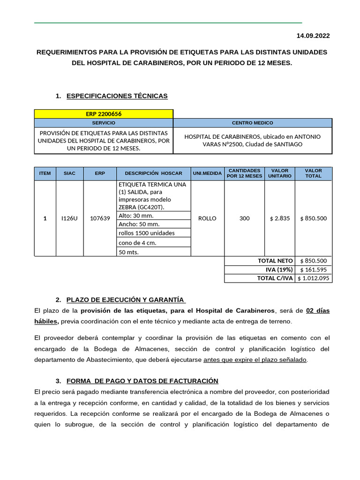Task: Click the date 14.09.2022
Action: coord(313,36)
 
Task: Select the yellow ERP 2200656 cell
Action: coord(104,114)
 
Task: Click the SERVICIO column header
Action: coord(104,122)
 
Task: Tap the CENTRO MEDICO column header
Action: coord(252,122)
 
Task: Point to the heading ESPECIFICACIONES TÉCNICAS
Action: coord(117,96)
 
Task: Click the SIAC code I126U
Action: coord(69,218)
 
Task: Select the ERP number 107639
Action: coord(100,218)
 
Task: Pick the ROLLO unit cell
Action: coord(207,218)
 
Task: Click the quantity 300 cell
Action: coord(244,218)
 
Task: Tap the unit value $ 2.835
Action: coord(279,218)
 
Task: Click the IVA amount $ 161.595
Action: coord(313,270)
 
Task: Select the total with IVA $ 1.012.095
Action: coord(313,278)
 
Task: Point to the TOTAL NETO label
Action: coord(275,261)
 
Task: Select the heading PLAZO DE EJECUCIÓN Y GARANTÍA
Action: coord(126,300)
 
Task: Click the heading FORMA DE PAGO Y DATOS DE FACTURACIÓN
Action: coord(142,381)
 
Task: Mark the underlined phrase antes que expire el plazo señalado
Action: coord(255,360)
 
